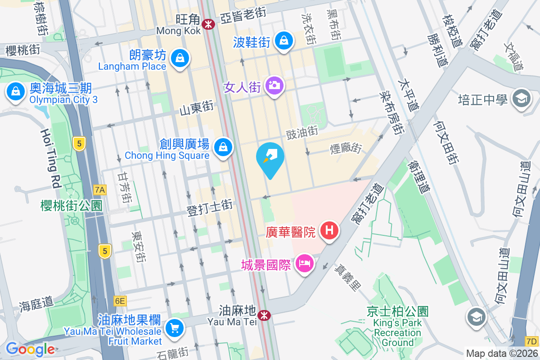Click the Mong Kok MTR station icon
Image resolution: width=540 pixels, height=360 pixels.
pyautogui.click(x=208, y=24)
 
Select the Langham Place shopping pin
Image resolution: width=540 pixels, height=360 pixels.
pyautogui.click(x=180, y=58)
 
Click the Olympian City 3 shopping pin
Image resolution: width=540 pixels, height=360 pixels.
pyautogui.click(x=16, y=92)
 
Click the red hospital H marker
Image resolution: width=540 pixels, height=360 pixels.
pyautogui.click(x=329, y=230)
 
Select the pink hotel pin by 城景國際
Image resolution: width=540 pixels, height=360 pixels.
pyautogui.click(x=305, y=263)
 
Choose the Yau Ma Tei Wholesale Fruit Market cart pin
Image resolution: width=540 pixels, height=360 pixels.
pyautogui.click(x=174, y=328)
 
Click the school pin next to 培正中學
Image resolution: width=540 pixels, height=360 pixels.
pyautogui.click(x=521, y=99)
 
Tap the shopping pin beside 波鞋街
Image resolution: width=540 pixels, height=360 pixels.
pyautogui.click(x=284, y=41)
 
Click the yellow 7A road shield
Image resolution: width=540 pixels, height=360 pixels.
pyautogui.click(x=100, y=190)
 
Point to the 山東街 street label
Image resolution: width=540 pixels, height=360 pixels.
pyautogui.click(x=196, y=108)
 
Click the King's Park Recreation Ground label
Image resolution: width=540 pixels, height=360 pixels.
pyautogui.click(x=397, y=328)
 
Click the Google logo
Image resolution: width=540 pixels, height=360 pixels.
pyautogui.click(x=31, y=348)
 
